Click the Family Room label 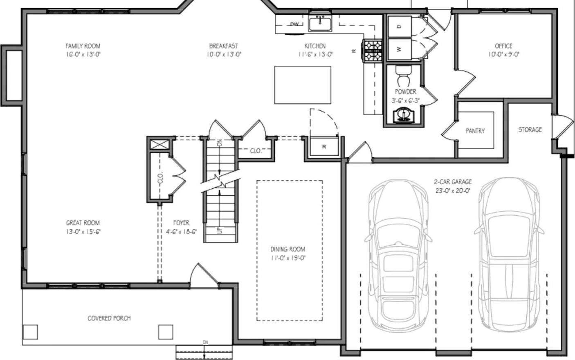83,46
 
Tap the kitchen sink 320,24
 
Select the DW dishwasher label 294,25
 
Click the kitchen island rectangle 302,85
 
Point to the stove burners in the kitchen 373,50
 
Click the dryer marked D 399,26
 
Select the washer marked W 399,49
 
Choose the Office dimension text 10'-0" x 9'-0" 503,54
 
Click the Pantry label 475,131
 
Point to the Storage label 530,130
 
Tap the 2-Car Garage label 453,182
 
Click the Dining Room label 288,249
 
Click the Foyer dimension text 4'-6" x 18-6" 178,232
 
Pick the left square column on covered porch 30,332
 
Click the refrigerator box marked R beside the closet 324,147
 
